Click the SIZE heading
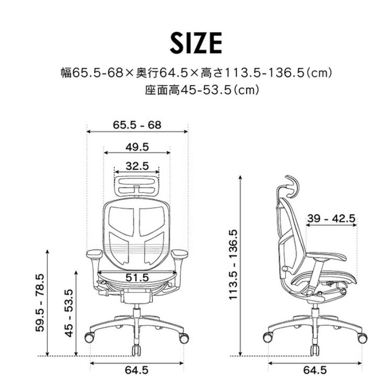click(196, 42)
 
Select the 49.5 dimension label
click(137, 147)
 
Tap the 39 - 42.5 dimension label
click(331, 219)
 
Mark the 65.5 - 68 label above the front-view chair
click(137, 125)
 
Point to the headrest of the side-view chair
click(291, 183)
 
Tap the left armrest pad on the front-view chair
click(94, 253)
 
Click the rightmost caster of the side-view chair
click(361, 337)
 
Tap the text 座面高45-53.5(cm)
click(196, 91)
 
